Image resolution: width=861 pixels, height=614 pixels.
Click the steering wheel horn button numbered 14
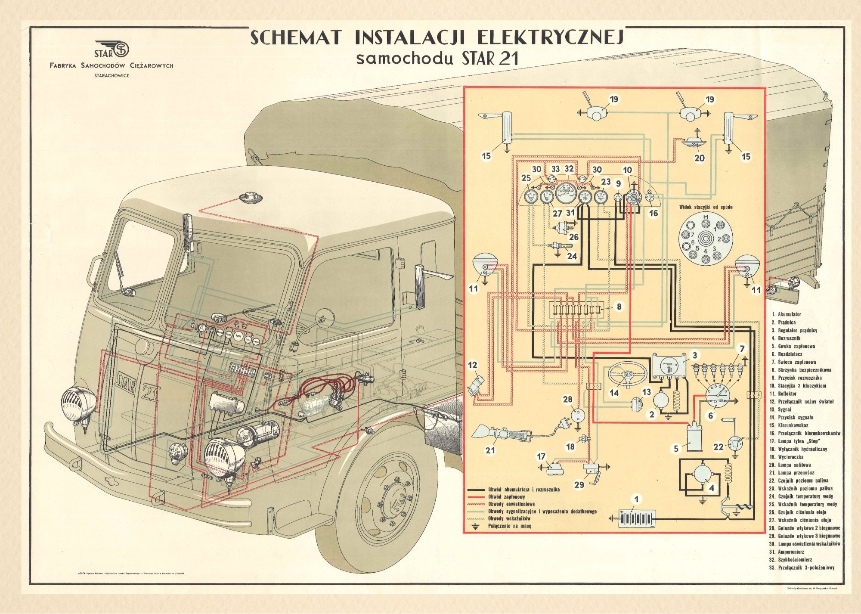627,375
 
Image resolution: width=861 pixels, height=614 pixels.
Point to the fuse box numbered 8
577,310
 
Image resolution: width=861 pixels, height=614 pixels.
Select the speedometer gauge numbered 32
569,194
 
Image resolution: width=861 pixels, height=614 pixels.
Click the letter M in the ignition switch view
705,217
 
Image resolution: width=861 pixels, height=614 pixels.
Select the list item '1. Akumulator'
787,315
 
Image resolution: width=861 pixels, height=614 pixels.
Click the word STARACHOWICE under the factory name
111,76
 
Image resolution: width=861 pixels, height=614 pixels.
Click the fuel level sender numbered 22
734,443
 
